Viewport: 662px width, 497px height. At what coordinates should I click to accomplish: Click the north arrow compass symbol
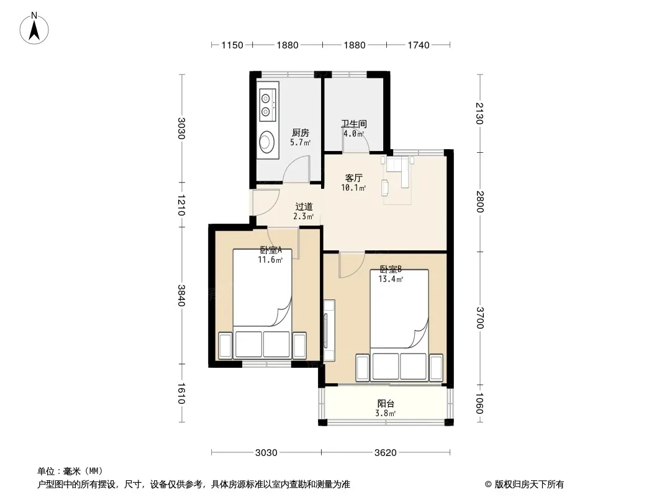[34, 28]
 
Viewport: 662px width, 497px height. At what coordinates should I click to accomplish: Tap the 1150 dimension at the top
[232, 45]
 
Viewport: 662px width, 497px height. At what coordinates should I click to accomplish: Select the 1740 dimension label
[419, 45]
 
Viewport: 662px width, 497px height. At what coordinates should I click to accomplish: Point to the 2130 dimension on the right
[479, 114]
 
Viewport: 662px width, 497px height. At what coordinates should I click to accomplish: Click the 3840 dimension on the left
[181, 296]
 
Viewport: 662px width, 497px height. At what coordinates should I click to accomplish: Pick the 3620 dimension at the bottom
[386, 453]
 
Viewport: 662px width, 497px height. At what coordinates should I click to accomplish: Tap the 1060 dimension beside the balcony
[479, 403]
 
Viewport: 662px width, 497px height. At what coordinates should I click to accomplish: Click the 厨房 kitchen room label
[300, 133]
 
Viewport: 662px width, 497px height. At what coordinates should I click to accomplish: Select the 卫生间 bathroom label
[354, 124]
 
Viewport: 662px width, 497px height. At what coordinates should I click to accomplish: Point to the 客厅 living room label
[353, 178]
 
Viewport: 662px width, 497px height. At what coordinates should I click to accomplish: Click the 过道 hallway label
[304, 206]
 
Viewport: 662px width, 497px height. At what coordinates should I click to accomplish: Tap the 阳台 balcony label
[386, 404]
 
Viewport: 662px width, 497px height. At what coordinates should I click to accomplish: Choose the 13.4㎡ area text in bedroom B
[391, 279]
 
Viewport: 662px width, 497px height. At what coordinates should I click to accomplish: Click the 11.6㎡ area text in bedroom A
[270, 260]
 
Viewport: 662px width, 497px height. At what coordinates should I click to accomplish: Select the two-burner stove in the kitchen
[268, 105]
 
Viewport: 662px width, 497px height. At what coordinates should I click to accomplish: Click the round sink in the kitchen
[267, 140]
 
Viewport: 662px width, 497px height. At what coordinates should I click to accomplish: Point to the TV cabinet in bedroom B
[329, 331]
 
